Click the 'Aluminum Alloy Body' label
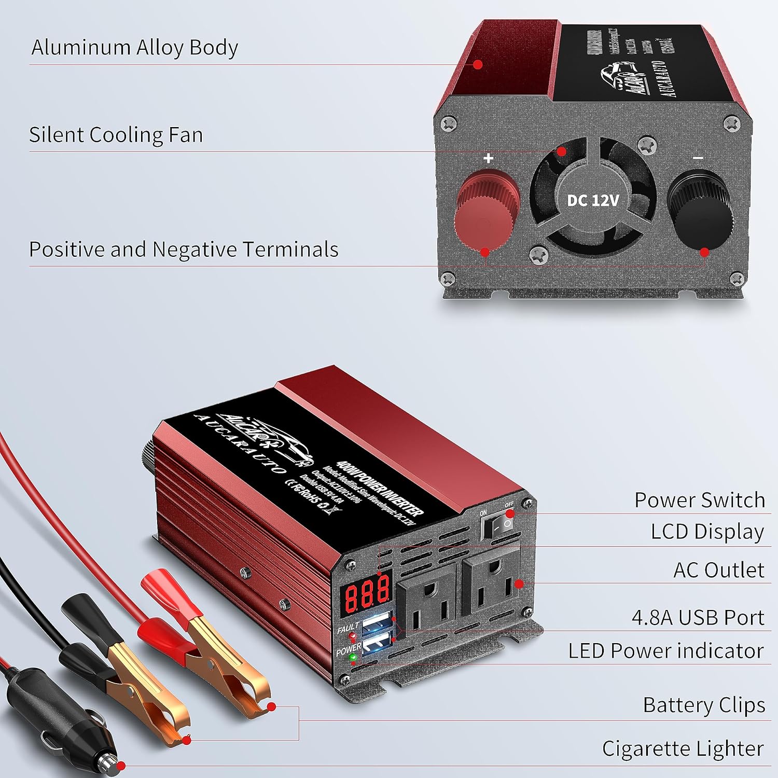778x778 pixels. point(135,47)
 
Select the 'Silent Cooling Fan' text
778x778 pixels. point(116,135)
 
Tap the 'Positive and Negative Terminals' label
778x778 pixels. point(184,249)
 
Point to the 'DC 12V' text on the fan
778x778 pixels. point(593,200)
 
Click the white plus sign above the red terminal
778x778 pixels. point(488,158)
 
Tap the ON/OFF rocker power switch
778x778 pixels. point(497,526)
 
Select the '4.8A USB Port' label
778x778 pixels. point(698,618)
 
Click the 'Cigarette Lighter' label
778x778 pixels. point(683,749)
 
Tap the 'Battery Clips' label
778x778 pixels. point(704,705)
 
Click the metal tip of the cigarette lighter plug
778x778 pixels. point(109,761)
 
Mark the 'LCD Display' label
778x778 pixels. point(707,532)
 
